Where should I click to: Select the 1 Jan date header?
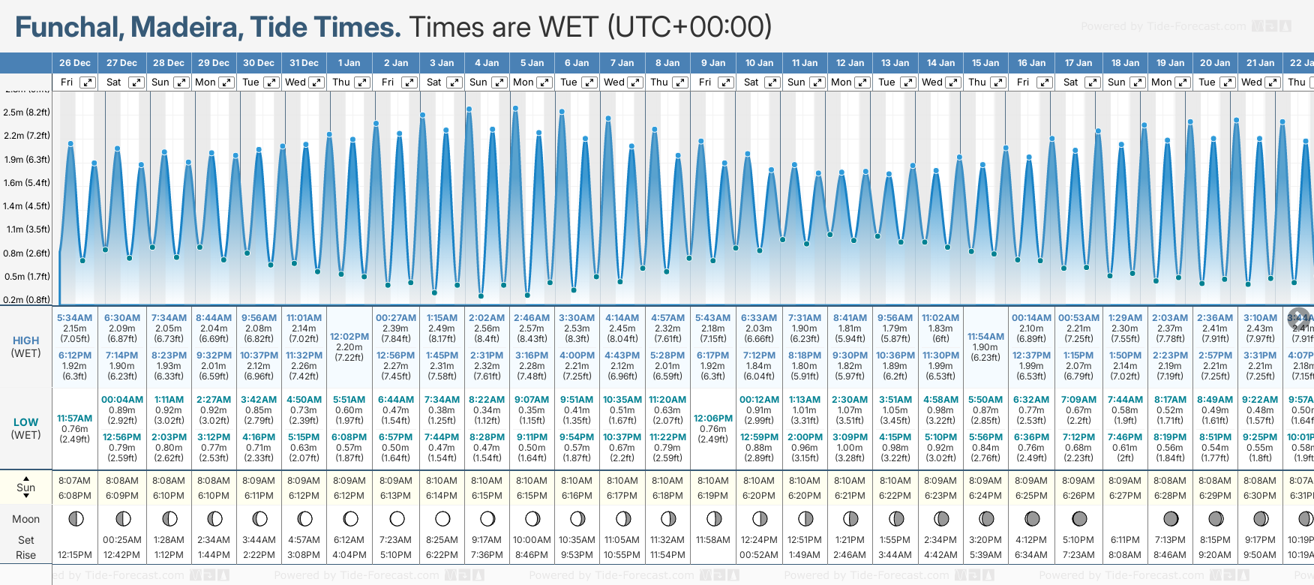[349, 63]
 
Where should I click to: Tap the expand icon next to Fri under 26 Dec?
[88, 82]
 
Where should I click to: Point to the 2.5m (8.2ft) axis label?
[26, 112]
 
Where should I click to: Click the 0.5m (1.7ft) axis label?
[26, 276]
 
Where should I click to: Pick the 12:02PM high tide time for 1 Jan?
[349, 337]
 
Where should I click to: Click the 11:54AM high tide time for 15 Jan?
[985, 337]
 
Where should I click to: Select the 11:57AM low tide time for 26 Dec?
[75, 418]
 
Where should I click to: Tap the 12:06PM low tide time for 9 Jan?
[713, 418]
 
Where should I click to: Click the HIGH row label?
[26, 340]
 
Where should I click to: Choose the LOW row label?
[26, 422]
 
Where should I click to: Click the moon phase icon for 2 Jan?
[397, 518]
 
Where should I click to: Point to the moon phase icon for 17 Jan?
[1079, 518]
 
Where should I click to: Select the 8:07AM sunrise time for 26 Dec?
[75, 481]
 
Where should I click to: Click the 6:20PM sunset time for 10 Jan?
[759, 496]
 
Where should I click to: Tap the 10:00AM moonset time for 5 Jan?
[532, 540]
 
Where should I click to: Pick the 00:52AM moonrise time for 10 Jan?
[759, 555]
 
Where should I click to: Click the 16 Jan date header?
[1032, 63]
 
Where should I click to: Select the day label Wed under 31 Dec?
[295, 82]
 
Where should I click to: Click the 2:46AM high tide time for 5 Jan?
[532, 318]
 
